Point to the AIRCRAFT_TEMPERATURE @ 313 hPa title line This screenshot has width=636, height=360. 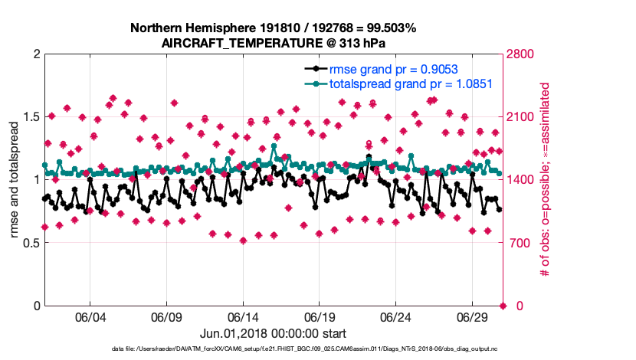click(274, 44)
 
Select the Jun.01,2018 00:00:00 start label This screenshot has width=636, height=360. click(274, 334)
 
